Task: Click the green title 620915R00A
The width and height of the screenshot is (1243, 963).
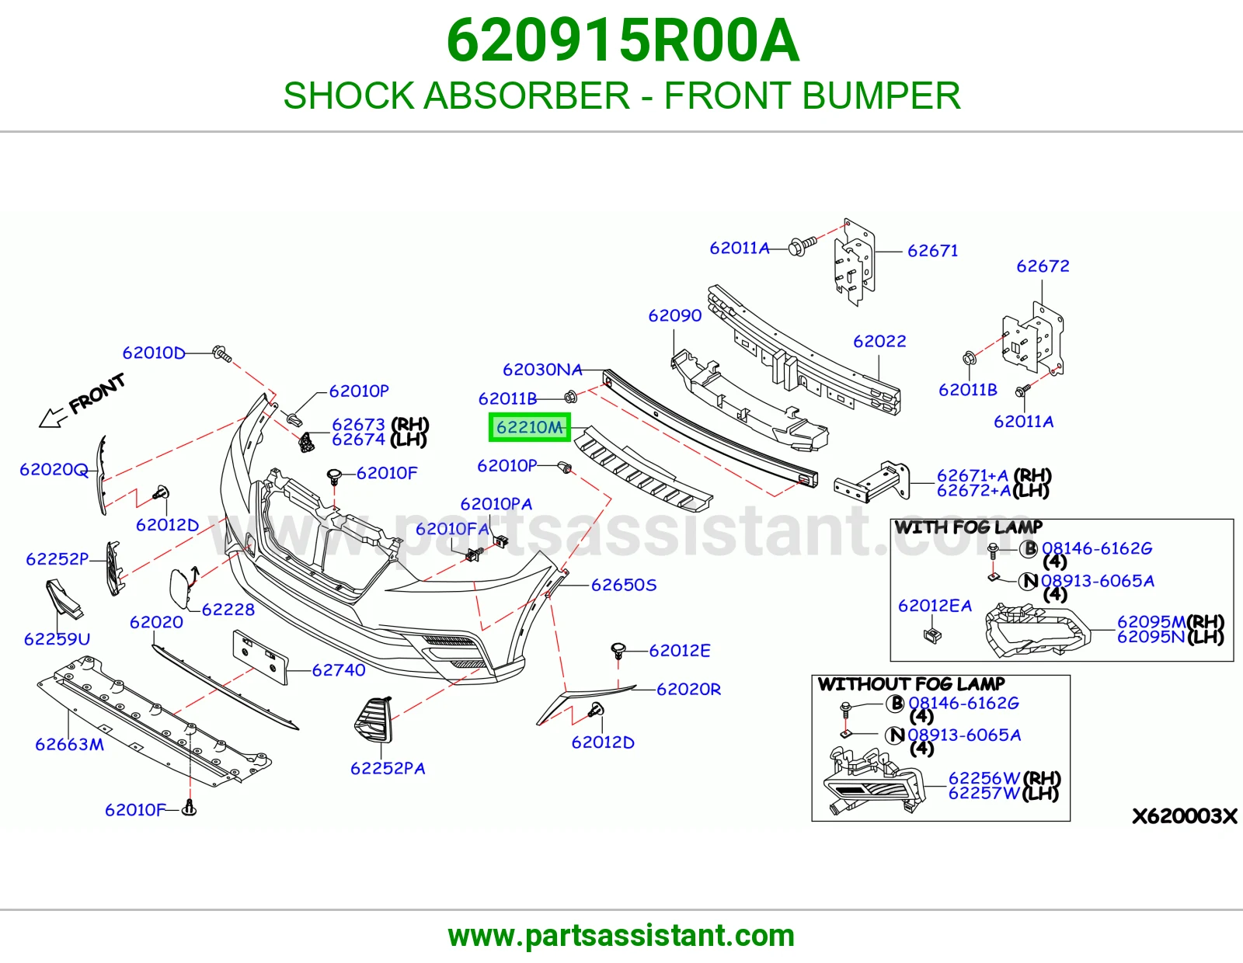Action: [622, 41]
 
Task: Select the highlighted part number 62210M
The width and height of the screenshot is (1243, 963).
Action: [529, 427]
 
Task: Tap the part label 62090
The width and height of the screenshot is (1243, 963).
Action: [674, 315]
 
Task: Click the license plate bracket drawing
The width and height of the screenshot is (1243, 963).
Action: [260, 657]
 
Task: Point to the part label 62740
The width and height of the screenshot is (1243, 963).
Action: [339, 669]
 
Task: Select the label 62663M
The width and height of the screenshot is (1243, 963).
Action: [69, 744]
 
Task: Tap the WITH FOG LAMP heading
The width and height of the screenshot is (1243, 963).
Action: [969, 527]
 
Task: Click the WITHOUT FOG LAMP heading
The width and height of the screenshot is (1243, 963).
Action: [911, 683]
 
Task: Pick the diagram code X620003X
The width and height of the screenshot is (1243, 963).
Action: [1184, 816]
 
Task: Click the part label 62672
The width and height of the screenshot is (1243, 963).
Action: [1043, 266]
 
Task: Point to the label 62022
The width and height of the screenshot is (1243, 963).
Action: [879, 342]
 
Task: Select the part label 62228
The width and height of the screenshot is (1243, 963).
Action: [228, 610]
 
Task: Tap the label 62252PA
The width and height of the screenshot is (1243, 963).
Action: [388, 768]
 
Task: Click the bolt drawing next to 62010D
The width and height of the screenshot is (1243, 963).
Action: [221, 353]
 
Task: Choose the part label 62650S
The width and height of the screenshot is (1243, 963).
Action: [624, 585]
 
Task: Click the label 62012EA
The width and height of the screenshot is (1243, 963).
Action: [935, 606]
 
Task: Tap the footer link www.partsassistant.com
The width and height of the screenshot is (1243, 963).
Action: [621, 936]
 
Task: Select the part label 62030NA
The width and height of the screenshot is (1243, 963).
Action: [542, 370]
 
